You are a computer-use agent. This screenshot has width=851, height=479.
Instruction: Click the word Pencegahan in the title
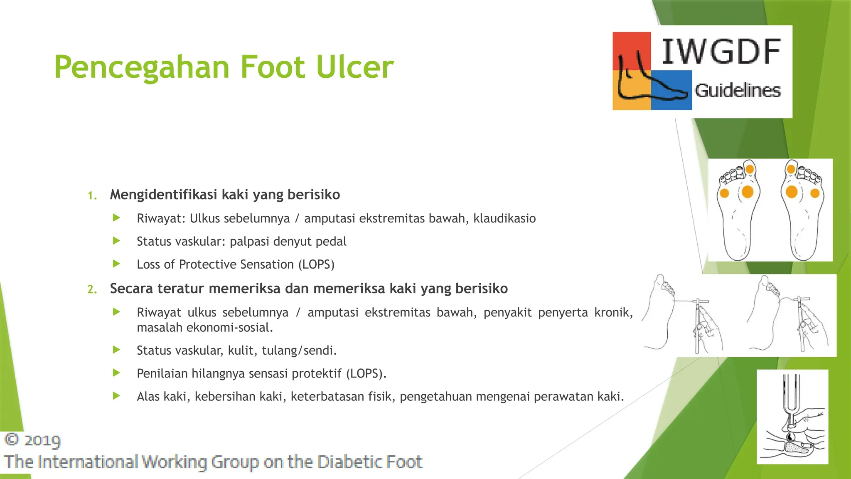click(142, 67)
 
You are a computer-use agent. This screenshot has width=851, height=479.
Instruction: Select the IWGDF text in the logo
click(721, 52)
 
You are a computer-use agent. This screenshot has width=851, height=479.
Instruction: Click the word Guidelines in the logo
click(738, 90)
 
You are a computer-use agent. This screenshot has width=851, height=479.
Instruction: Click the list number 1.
click(92, 195)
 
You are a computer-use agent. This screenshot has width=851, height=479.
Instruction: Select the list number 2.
click(92, 289)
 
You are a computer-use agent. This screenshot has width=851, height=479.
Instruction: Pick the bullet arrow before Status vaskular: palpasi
click(117, 241)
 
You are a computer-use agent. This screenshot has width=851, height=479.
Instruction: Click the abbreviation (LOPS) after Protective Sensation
click(316, 264)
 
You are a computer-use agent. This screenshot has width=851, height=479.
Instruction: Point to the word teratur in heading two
click(181, 289)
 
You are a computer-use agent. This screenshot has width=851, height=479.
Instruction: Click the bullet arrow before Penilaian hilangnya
click(117, 373)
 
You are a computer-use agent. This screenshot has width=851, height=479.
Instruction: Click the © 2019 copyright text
click(32, 440)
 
